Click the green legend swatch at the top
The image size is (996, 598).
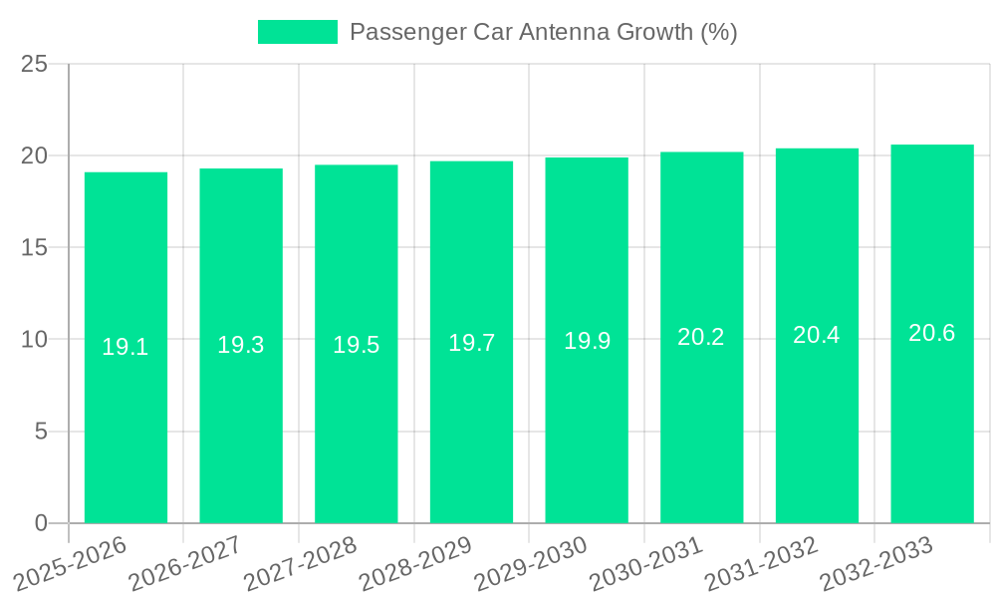(297, 32)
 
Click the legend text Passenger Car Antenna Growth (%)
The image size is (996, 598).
(543, 32)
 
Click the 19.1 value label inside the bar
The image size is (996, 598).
(125, 347)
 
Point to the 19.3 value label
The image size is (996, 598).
(241, 345)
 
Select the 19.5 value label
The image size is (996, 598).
(357, 345)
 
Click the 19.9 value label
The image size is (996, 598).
(587, 341)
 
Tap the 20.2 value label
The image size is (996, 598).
(701, 337)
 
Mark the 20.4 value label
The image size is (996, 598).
(817, 335)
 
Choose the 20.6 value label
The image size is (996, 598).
(932, 333)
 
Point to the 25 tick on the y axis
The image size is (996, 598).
(35, 64)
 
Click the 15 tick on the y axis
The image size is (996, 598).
(35, 247)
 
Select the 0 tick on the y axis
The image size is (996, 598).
(41, 523)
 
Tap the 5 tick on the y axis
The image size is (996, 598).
(41, 432)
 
